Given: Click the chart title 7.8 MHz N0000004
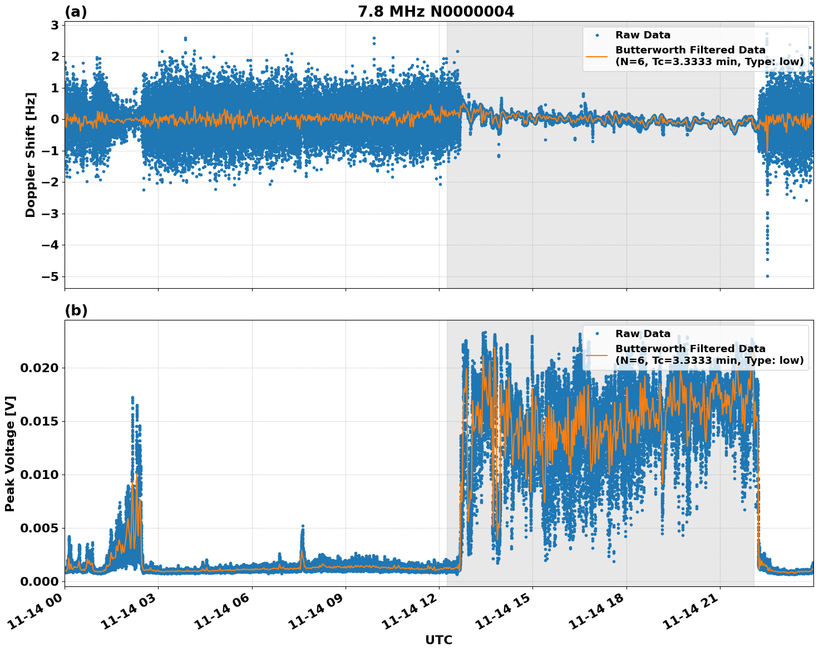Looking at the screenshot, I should tap(436, 12).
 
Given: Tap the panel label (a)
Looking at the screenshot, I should tap(76, 12).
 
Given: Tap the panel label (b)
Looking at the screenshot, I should tap(76, 310).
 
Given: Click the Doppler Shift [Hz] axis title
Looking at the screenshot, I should tap(31, 155).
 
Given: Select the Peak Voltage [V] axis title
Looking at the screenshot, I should tap(10, 453).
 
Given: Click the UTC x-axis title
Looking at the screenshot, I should tap(438, 640).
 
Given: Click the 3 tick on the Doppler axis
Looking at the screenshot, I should tap(55, 25).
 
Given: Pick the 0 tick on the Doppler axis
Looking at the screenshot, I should tap(55, 119).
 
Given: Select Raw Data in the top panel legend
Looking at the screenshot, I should tap(643, 36).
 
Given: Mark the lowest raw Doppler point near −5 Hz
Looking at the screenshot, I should tap(767, 276).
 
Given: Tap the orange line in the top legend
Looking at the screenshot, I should tap(597, 56).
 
